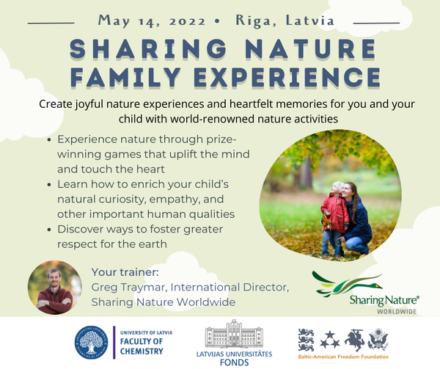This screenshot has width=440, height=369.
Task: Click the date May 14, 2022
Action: pyautogui.click(x=152, y=21)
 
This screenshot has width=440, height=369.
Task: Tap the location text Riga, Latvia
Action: pyautogui.click(x=285, y=21)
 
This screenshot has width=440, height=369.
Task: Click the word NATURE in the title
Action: pyautogui.click(x=311, y=48)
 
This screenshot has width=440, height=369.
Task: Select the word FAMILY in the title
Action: pyautogui.click(x=125, y=76)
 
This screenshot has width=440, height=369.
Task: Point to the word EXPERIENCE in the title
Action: pyautogui.click(x=287, y=76)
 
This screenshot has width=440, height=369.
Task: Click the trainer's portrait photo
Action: pyautogui.click(x=55, y=288)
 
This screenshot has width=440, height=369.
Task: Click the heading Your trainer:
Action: pyautogui.click(x=125, y=272)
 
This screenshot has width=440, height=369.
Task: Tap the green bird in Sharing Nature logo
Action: pyautogui.click(x=347, y=284)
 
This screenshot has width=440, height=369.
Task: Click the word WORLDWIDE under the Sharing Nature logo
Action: pyautogui.click(x=397, y=312)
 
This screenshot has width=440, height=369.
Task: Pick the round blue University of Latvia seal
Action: pyautogui.click(x=91, y=343)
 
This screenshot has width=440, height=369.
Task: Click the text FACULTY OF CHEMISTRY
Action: pyautogui.click(x=142, y=346)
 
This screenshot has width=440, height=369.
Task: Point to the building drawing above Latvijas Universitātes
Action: pyautogui.click(x=234, y=334)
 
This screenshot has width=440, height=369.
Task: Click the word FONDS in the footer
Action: pyautogui.click(x=235, y=362)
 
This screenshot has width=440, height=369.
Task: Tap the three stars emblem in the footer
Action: pyautogui.click(x=330, y=340)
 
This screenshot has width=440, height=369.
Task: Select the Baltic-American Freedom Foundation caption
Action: pyautogui.click(x=343, y=357)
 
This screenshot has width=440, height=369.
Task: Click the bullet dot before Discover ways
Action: pyautogui.click(x=49, y=230)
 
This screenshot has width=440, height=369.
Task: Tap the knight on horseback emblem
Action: pyautogui.click(x=354, y=340)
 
